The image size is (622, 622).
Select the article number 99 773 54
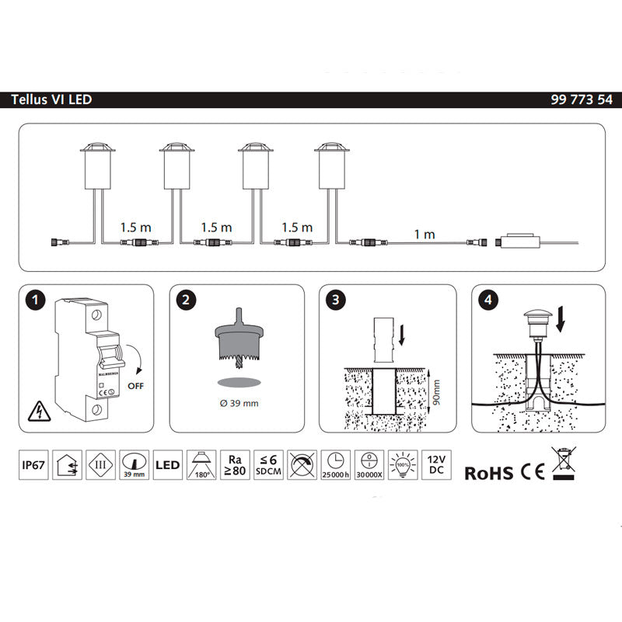[x=580, y=100]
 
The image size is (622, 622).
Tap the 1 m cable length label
[x=424, y=234]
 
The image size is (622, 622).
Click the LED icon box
[x=167, y=464]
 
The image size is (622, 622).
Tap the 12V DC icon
[x=435, y=464]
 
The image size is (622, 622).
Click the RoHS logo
[x=488, y=472]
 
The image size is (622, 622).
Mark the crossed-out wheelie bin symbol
[x=563, y=464]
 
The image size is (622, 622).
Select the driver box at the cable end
[x=516, y=242]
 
